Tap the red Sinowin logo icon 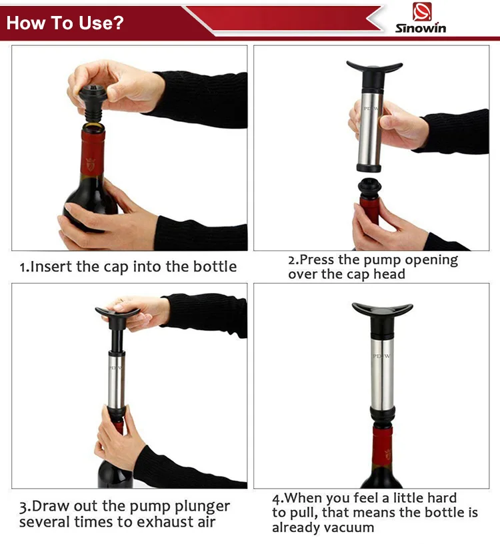[x=421, y=11]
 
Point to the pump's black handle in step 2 [x=374, y=68]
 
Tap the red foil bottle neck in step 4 [x=382, y=446]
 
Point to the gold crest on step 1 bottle [x=91, y=162]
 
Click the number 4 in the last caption [x=276, y=498]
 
